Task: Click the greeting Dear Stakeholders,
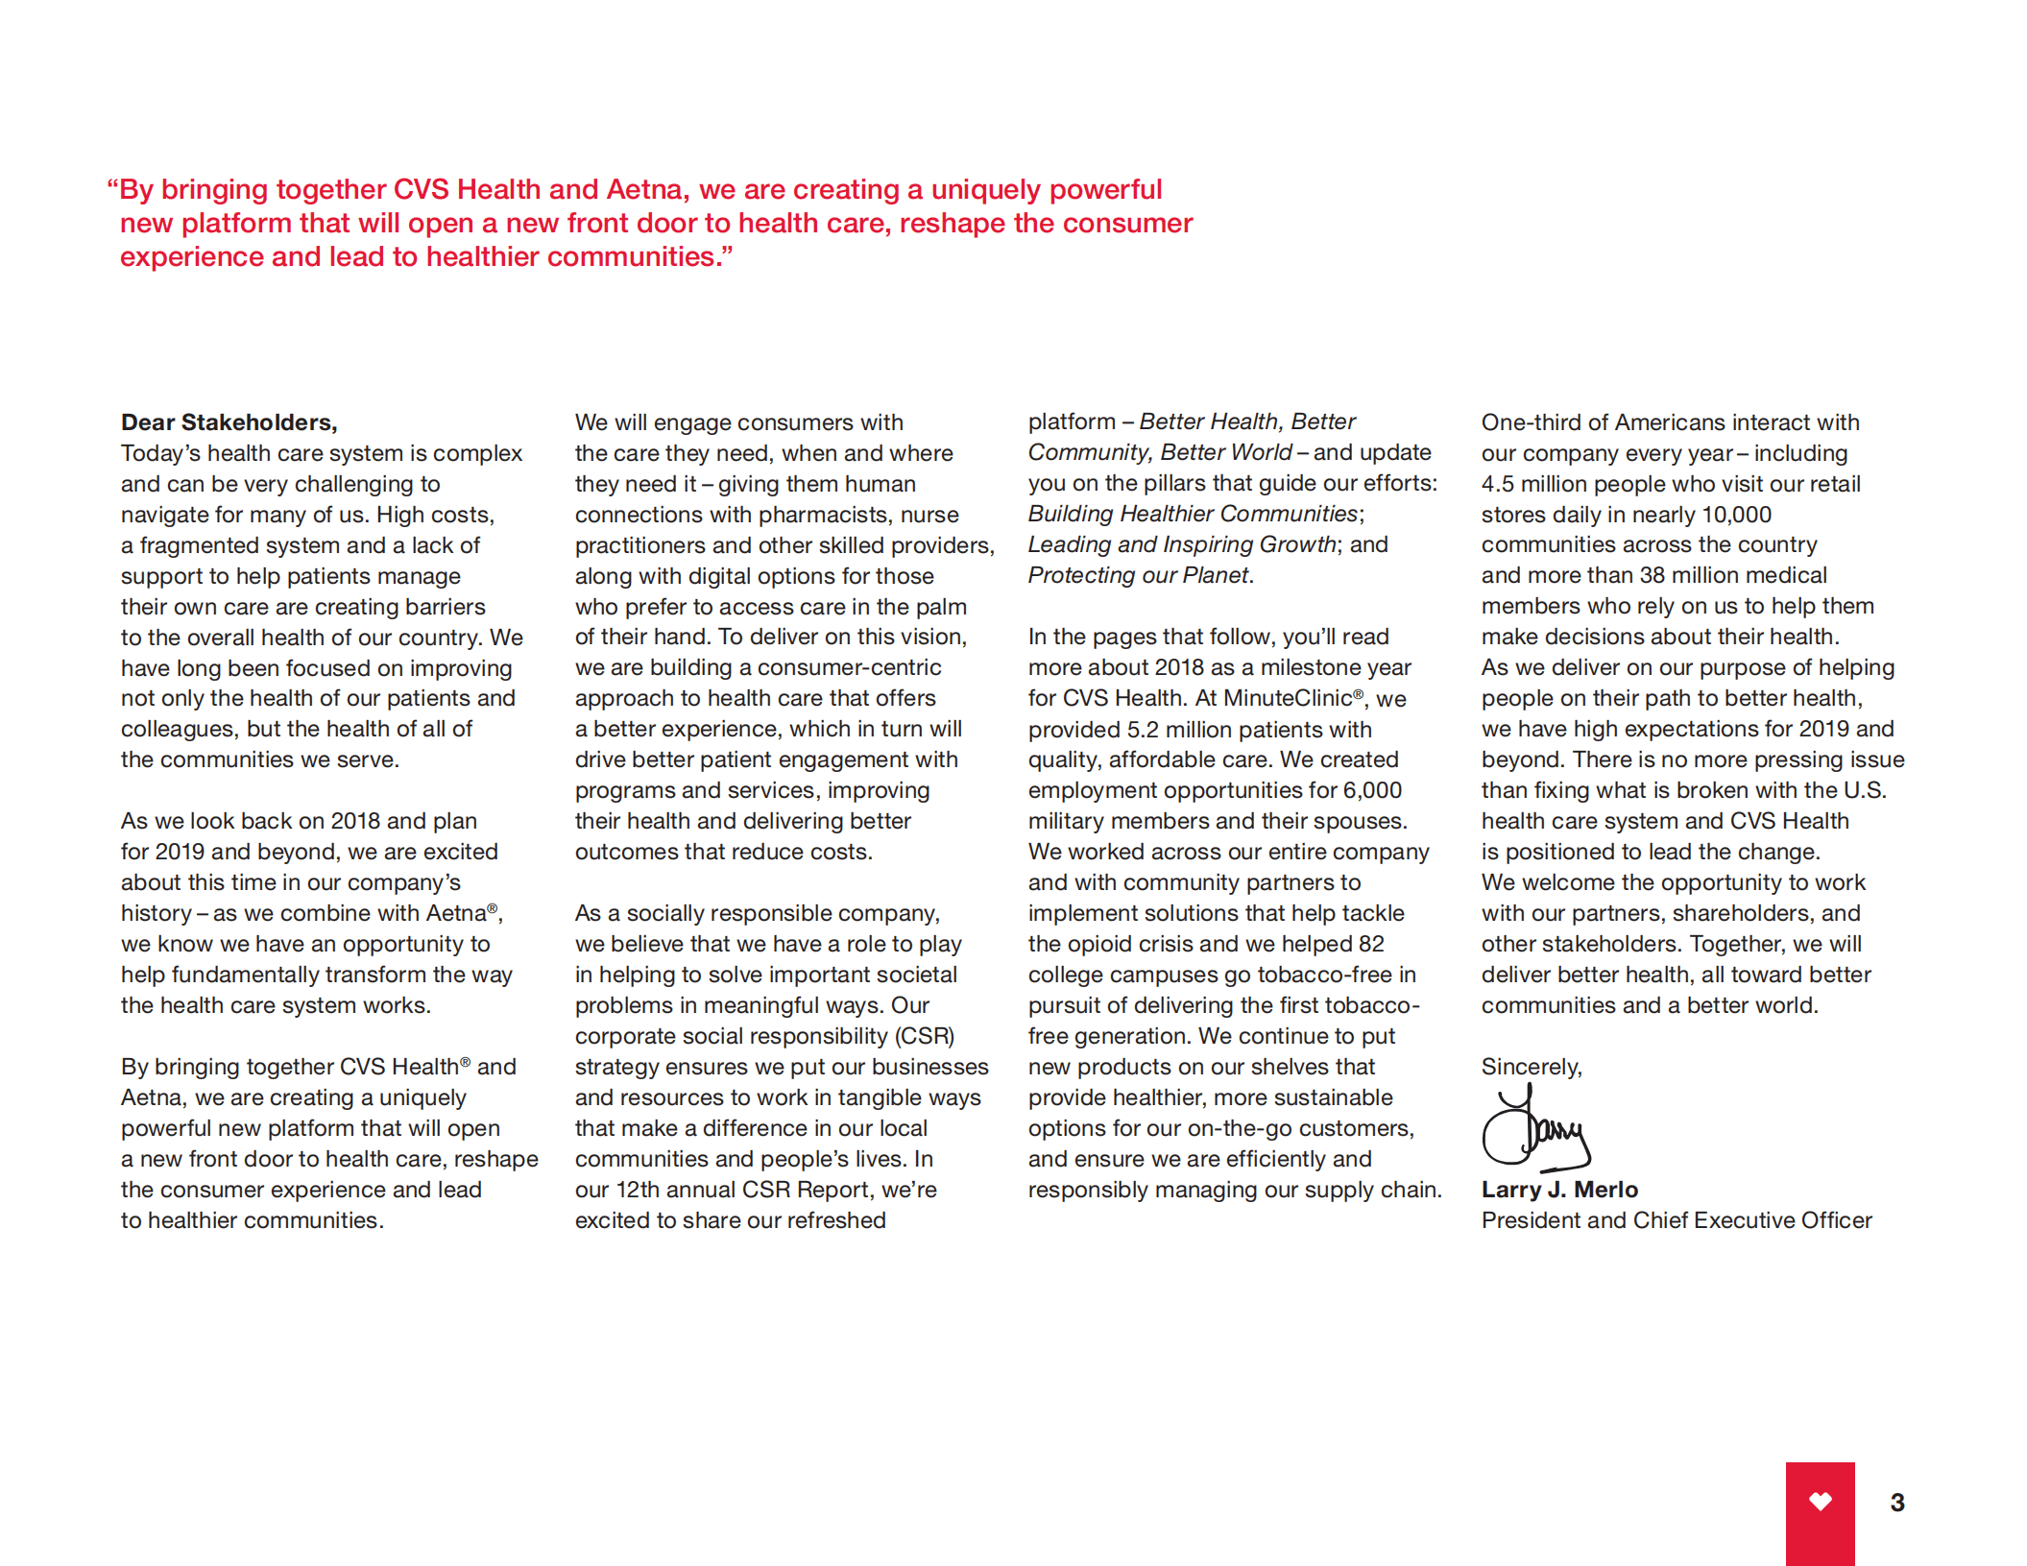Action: click(x=229, y=422)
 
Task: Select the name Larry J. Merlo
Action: click(x=1558, y=1190)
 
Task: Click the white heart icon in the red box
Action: click(x=1820, y=1501)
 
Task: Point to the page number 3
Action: click(x=1896, y=1503)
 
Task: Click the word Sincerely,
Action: click(x=1531, y=1067)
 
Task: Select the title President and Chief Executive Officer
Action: click(x=1676, y=1220)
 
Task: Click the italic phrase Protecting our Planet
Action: click(x=1138, y=575)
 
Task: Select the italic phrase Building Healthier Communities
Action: click(x=1193, y=514)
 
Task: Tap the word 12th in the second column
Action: click(x=638, y=1190)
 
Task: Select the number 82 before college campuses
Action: click(x=1371, y=944)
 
